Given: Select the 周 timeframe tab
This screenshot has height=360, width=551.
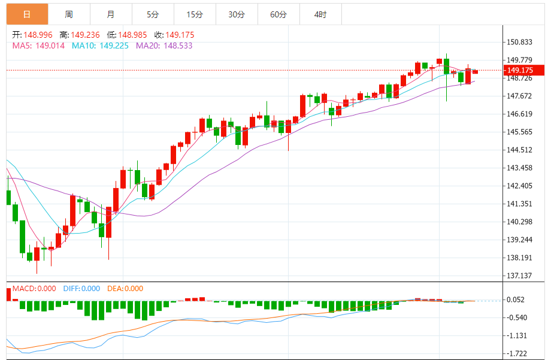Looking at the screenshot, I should pyautogui.click(x=69, y=14).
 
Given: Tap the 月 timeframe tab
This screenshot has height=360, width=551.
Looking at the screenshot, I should pyautogui.click(x=111, y=14).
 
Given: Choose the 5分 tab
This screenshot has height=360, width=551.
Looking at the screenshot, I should pyautogui.click(x=153, y=14).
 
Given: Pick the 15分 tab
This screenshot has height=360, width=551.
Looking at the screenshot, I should pyautogui.click(x=195, y=14).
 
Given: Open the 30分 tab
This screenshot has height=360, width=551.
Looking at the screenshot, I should pyautogui.click(x=237, y=14).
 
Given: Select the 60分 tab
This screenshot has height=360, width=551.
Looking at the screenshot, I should pyautogui.click(x=278, y=14).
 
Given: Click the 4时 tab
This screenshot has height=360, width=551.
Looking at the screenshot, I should pyautogui.click(x=320, y=14).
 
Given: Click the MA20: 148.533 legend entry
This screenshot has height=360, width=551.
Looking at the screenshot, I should pyautogui.click(x=164, y=45).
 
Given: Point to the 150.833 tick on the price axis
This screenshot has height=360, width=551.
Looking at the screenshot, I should pyautogui.click(x=519, y=42).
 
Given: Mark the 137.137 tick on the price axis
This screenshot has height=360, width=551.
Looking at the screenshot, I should pyautogui.click(x=519, y=276).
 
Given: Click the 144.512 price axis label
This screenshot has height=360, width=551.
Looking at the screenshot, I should pyautogui.click(x=519, y=150).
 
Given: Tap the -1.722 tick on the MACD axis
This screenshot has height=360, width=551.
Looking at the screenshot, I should pyautogui.click(x=518, y=354).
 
